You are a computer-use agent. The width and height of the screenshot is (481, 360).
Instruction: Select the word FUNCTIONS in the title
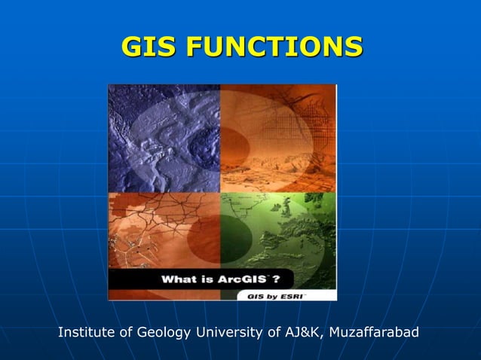(274, 47)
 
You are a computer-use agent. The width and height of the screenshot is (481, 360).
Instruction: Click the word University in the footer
(231, 332)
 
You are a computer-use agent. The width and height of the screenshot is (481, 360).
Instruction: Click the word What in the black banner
(179, 279)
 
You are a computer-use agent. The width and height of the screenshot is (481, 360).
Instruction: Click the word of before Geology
(130, 332)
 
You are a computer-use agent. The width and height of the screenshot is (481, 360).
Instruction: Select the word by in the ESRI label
(269, 296)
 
